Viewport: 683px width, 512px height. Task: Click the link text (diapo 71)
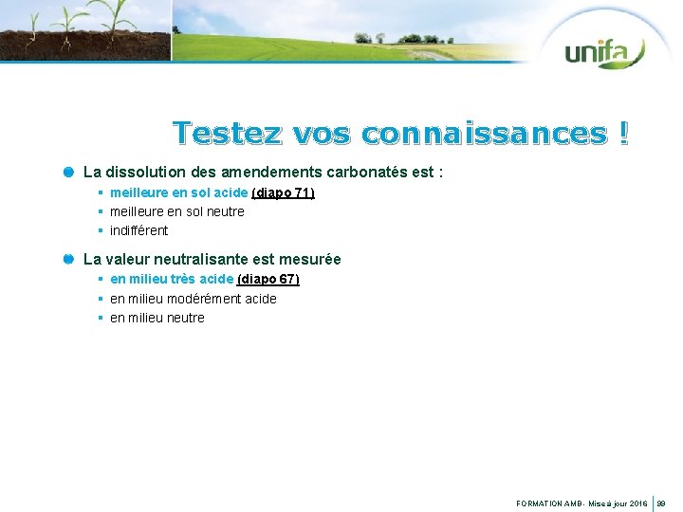pos(283,192)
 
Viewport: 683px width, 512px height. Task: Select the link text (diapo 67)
pos(268,279)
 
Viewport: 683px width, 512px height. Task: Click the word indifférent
pos(138,230)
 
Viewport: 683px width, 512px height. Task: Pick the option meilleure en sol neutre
pos(176,211)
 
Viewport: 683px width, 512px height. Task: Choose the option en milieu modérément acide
pos(193,299)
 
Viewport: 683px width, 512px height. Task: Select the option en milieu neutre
pos(157,318)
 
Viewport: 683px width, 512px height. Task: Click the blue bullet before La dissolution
pos(68,173)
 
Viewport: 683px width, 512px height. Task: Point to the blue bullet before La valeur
pos(68,259)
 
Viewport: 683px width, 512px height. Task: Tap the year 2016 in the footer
pos(637,504)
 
